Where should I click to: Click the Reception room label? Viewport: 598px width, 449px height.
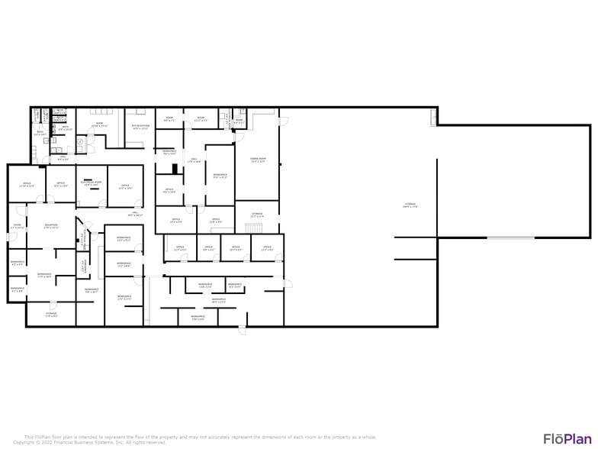[51, 226]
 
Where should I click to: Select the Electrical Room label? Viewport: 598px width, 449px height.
[91, 184]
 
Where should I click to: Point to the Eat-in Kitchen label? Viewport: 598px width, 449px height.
[140, 127]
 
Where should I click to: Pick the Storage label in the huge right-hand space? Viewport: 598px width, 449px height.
[410, 205]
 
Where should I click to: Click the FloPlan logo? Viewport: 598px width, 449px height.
[566, 438]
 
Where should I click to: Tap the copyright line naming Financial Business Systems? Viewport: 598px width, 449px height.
[89, 442]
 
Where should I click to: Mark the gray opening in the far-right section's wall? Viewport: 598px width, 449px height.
[511, 237]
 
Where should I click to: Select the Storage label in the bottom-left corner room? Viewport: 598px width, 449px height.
[51, 314]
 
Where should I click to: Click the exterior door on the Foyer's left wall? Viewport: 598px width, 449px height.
[8, 236]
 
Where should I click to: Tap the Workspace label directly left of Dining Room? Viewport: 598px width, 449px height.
[220, 176]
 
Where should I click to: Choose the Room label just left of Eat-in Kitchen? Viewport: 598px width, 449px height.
[100, 125]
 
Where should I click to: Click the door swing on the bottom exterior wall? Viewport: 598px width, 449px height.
[243, 330]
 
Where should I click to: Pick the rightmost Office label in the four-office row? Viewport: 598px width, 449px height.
[267, 247]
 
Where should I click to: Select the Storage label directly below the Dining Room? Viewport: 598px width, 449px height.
[257, 215]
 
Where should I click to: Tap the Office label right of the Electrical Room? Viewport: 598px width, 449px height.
[125, 186]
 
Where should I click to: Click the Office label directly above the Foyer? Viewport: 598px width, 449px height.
[27, 184]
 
